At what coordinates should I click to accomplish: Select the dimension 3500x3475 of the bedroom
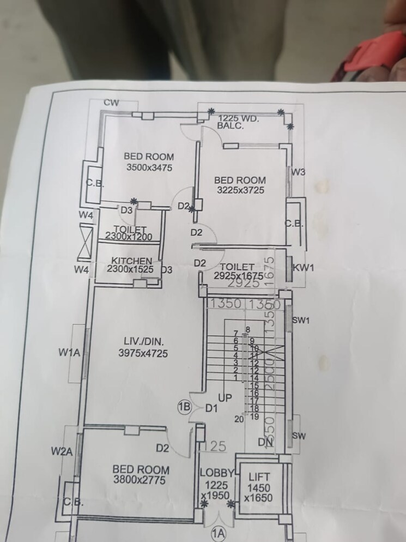[x=149, y=168]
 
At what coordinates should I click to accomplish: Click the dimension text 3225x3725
[x=240, y=190]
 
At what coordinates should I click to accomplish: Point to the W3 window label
[x=298, y=172]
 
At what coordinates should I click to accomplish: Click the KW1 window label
[x=303, y=267]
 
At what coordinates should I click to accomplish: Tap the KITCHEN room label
[x=131, y=260]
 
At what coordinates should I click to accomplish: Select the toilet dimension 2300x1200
[x=130, y=237]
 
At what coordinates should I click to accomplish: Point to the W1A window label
[x=69, y=353]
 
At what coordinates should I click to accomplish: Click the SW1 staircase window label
[x=301, y=320]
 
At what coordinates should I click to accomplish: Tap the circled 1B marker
[x=184, y=407]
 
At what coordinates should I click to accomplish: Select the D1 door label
[x=211, y=408]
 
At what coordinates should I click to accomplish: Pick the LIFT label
[x=259, y=477]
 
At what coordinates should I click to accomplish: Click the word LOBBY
[x=216, y=473]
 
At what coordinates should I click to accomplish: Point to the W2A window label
[x=62, y=451]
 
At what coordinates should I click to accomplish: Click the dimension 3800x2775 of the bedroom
[x=139, y=480]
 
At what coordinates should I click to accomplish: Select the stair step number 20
[x=238, y=419]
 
